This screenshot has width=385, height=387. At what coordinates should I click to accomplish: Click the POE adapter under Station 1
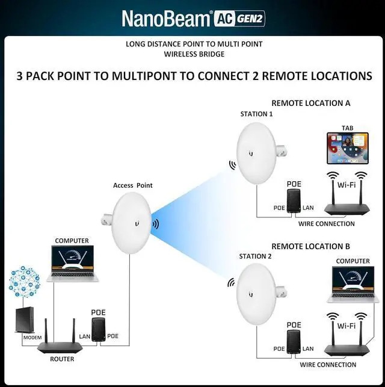click(x=293, y=200)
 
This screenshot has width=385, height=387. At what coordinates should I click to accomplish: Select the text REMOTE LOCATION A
click(x=310, y=103)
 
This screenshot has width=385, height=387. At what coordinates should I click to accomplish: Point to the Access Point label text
click(x=132, y=185)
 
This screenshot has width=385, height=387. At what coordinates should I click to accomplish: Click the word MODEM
click(x=32, y=338)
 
